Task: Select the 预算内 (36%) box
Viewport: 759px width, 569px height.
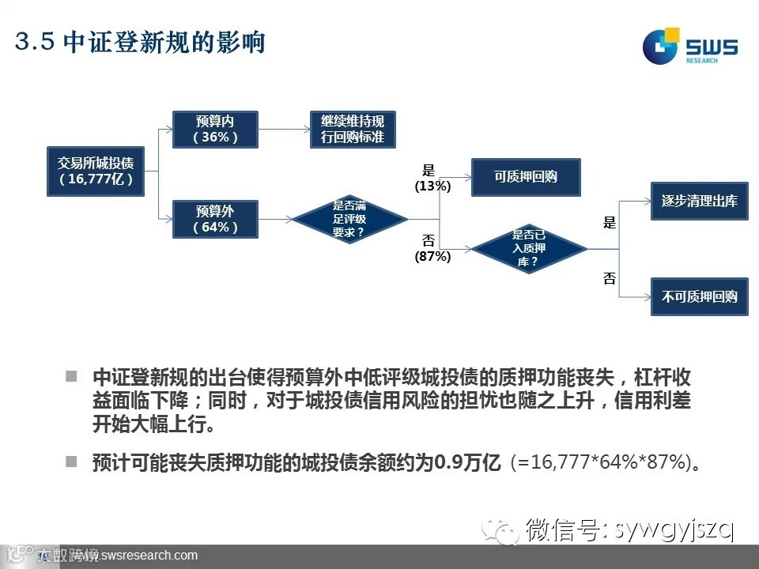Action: tap(215, 129)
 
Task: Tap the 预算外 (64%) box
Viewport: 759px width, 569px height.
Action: tap(215, 219)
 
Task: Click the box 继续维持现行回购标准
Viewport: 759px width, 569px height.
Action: tap(352, 129)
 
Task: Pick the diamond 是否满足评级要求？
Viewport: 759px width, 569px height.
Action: tap(349, 219)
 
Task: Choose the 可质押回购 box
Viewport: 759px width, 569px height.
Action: tap(526, 177)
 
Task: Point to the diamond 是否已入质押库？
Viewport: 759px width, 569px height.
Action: tap(529, 248)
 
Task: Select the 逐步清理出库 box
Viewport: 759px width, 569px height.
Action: tap(699, 201)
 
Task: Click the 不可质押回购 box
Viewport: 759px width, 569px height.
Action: tap(699, 296)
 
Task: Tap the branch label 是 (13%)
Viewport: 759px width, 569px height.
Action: tap(432, 179)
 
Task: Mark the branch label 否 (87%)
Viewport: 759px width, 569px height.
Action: tap(432, 248)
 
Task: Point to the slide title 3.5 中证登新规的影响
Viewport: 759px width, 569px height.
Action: tap(140, 43)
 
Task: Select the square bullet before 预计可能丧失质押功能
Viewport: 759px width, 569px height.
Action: tap(72, 461)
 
